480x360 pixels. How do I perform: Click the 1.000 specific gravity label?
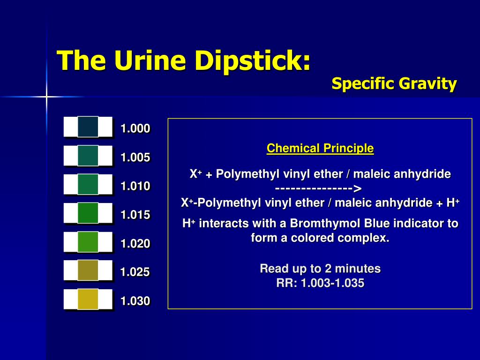[135, 128]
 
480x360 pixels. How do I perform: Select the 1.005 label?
[135, 157]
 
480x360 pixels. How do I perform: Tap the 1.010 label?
[135, 186]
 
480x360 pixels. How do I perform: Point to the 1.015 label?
[135, 215]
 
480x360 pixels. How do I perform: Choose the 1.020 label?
[135, 243]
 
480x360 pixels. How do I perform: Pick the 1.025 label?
[135, 272]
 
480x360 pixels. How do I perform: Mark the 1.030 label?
[135, 301]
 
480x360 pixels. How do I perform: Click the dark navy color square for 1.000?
[88, 127]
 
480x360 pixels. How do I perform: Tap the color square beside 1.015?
[88, 213]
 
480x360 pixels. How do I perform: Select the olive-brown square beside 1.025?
[88, 270]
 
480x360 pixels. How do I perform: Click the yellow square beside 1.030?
[88, 299]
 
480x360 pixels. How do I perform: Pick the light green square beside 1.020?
[88, 241]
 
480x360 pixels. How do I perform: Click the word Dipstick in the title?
[253, 61]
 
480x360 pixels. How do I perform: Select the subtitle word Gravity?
[427, 84]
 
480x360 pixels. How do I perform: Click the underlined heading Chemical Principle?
[320, 149]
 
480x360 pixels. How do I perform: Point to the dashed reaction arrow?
[319, 188]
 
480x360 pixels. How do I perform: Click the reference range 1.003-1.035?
[332, 283]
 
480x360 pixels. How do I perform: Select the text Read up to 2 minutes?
[320, 269]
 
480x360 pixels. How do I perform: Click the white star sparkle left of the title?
[47, 97]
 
